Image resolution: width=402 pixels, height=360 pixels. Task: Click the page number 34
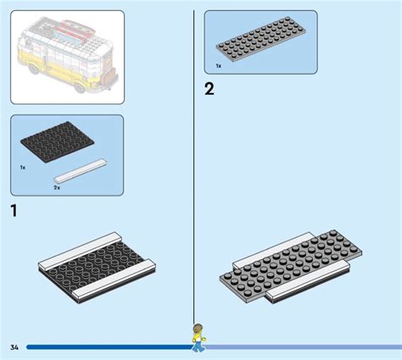(14, 347)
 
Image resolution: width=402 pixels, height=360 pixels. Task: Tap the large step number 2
(209, 88)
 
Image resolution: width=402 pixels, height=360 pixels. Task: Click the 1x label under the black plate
(23, 168)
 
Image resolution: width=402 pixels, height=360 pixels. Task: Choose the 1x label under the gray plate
(218, 65)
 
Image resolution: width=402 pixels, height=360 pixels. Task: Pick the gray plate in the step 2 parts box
(262, 42)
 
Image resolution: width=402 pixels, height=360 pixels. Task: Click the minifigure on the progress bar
(198, 336)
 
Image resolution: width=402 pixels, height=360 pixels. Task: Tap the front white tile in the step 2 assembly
(305, 292)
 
